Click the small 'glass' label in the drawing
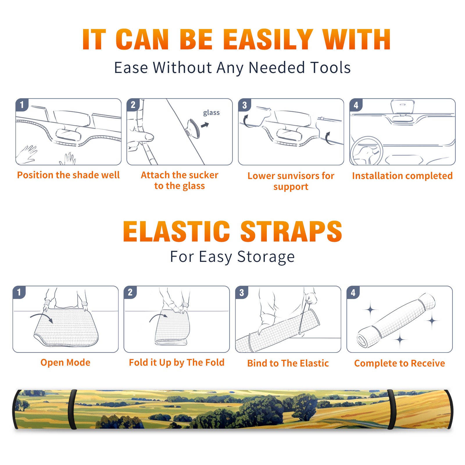[211, 112]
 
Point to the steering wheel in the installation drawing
[367, 151]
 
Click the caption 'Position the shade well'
[68, 175]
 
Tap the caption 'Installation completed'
[402, 176]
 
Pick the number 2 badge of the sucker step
[133, 105]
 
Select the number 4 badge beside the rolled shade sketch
[353, 292]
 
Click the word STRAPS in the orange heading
[291, 231]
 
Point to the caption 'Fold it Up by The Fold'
[177, 362]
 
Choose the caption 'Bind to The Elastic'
[288, 363]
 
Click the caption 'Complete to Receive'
[400, 363]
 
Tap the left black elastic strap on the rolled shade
[72, 409]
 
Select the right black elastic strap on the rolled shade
[391, 409]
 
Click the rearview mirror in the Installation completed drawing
[403, 107]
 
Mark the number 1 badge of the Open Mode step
[19, 292]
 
